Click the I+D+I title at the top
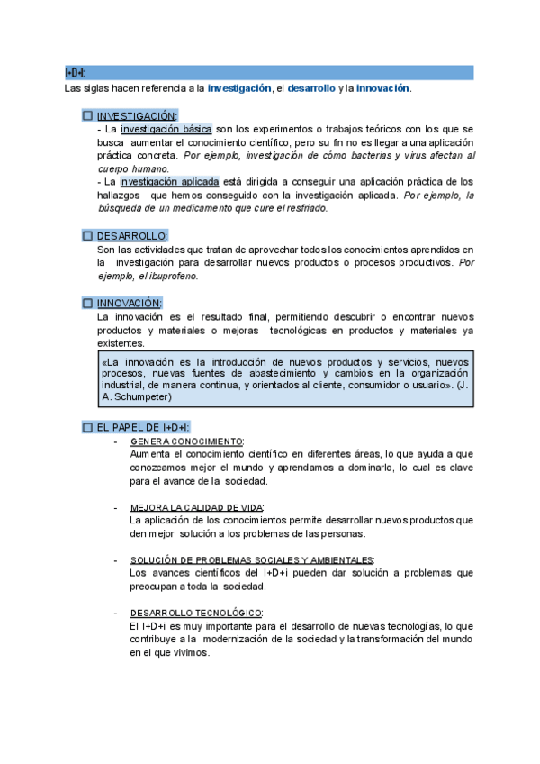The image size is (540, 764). coord(76,72)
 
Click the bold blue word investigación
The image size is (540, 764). coord(239,88)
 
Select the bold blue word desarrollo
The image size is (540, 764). coord(311,88)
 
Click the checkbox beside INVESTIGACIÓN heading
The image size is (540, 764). coord(87,115)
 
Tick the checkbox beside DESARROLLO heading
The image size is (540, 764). coord(87,235)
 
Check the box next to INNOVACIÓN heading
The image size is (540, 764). coord(87,303)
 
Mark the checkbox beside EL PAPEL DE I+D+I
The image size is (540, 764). coord(87,426)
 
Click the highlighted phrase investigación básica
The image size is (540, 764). coord(166,129)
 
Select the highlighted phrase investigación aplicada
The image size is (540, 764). coord(169,181)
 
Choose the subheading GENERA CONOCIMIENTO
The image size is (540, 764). coord(186,441)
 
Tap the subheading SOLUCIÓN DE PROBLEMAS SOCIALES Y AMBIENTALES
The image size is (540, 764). coord(252,559)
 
